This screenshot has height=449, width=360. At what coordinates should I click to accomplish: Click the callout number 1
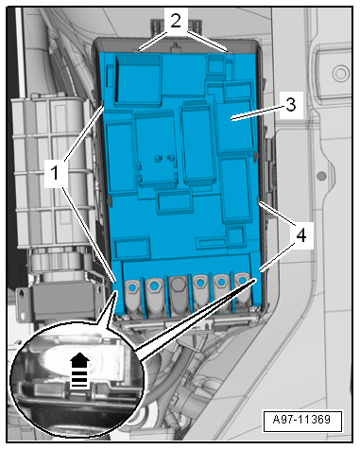(x=55, y=173)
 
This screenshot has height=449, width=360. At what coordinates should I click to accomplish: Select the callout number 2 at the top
(x=176, y=21)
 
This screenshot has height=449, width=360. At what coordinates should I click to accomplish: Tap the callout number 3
(x=291, y=105)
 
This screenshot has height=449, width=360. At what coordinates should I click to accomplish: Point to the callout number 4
(x=301, y=235)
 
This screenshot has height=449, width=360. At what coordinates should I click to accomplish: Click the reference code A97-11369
(x=301, y=420)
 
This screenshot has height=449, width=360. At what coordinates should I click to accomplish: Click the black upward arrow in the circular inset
(x=79, y=370)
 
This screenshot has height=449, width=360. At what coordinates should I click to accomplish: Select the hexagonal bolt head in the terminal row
(x=178, y=285)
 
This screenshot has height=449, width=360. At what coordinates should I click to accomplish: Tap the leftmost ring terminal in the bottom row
(x=133, y=296)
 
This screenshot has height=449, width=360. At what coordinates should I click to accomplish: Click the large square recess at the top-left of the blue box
(x=138, y=78)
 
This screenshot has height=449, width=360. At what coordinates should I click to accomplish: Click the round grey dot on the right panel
(x=321, y=176)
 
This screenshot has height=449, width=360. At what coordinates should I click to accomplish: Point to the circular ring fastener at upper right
(x=340, y=74)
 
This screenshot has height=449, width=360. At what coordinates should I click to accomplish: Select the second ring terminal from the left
(x=154, y=296)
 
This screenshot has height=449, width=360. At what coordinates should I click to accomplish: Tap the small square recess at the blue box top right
(x=216, y=63)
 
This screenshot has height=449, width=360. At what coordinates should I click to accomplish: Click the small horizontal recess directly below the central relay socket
(x=175, y=202)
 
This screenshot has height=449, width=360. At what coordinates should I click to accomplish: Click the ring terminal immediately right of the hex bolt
(x=200, y=295)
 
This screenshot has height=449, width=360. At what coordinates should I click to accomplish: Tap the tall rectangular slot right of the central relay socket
(x=197, y=145)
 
